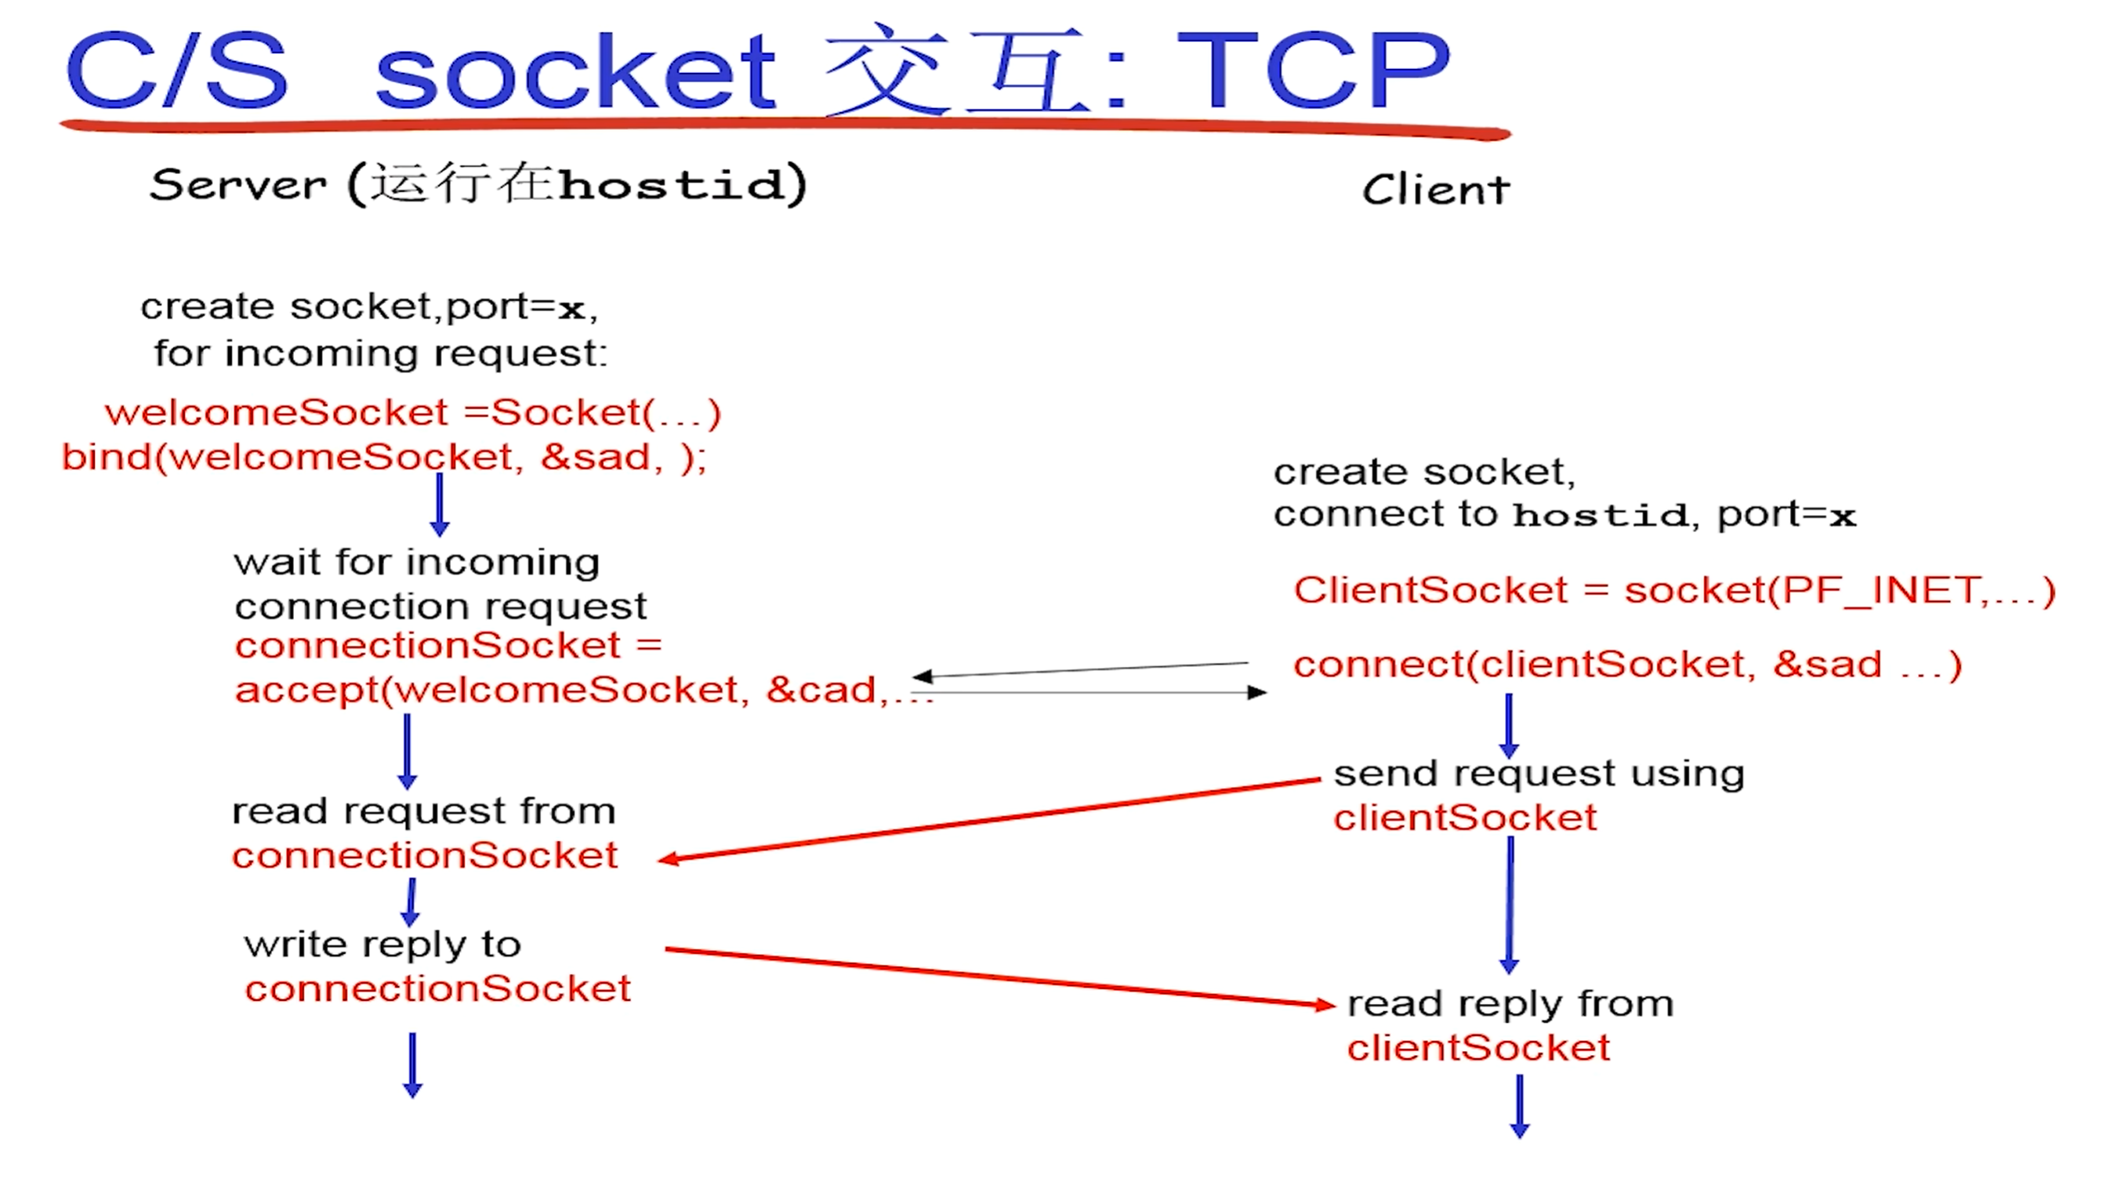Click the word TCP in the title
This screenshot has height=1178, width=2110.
pos(1314,72)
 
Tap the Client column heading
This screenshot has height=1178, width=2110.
pos(1436,190)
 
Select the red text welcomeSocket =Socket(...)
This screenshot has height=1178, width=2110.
pos(413,412)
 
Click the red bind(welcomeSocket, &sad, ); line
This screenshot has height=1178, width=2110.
pos(384,457)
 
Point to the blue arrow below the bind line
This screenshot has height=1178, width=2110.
pos(440,504)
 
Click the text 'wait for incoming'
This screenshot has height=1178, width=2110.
pos(416,563)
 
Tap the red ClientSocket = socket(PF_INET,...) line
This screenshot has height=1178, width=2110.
pos(1674,590)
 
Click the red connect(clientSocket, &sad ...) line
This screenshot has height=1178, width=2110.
pos(1626,665)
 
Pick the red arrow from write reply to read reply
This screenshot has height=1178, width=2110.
pos(999,977)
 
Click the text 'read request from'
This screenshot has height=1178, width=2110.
pos(423,812)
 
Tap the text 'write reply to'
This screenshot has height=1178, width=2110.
pos(382,945)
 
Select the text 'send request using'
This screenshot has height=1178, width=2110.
pos(1539,774)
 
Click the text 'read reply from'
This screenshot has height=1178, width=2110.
pos(1510,1003)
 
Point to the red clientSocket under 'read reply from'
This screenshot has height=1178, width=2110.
pos(1478,1048)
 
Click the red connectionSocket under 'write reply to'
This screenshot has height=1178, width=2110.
pos(437,989)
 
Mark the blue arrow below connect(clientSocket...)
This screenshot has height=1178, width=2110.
pos(1509,725)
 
